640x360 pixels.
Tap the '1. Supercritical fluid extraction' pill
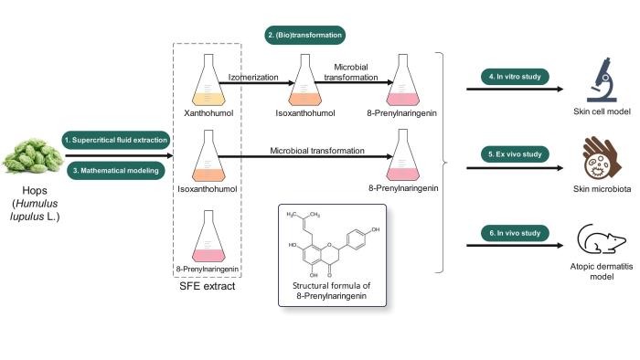point(116,139)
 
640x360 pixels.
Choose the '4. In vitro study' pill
point(513,76)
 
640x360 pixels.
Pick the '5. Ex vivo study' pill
point(513,155)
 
